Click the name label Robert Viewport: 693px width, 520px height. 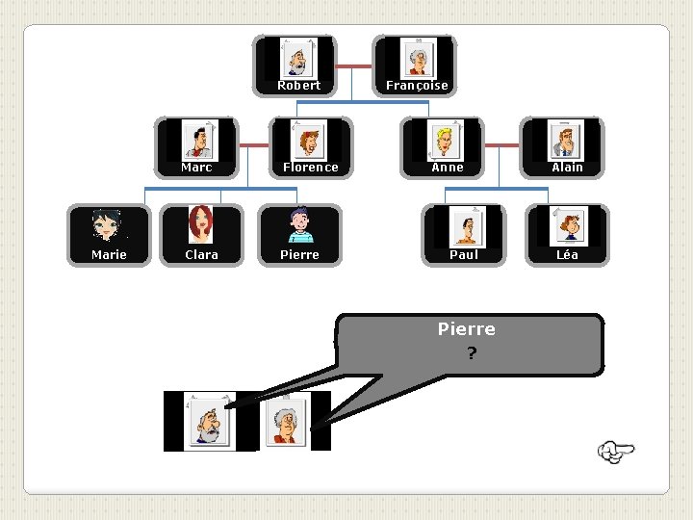(x=298, y=86)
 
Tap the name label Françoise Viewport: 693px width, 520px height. (x=417, y=86)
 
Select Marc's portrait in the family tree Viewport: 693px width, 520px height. (x=199, y=141)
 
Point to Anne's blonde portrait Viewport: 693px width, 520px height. (x=446, y=141)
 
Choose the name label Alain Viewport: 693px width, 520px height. (x=567, y=168)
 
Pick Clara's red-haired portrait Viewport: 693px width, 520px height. (x=200, y=226)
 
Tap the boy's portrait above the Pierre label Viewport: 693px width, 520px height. (x=299, y=226)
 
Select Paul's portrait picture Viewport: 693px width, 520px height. (x=465, y=226)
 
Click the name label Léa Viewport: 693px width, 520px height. (x=567, y=255)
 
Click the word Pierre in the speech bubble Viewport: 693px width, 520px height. (x=467, y=329)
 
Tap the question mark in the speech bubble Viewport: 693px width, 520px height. (x=471, y=353)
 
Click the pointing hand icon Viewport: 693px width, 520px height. (x=615, y=451)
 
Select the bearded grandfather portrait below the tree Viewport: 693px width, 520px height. (x=209, y=422)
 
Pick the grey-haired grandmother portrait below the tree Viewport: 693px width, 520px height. (x=285, y=422)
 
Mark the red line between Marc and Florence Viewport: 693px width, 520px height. (x=253, y=146)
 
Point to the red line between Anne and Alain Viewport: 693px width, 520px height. (x=501, y=146)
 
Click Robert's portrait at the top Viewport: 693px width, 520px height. (x=297, y=59)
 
